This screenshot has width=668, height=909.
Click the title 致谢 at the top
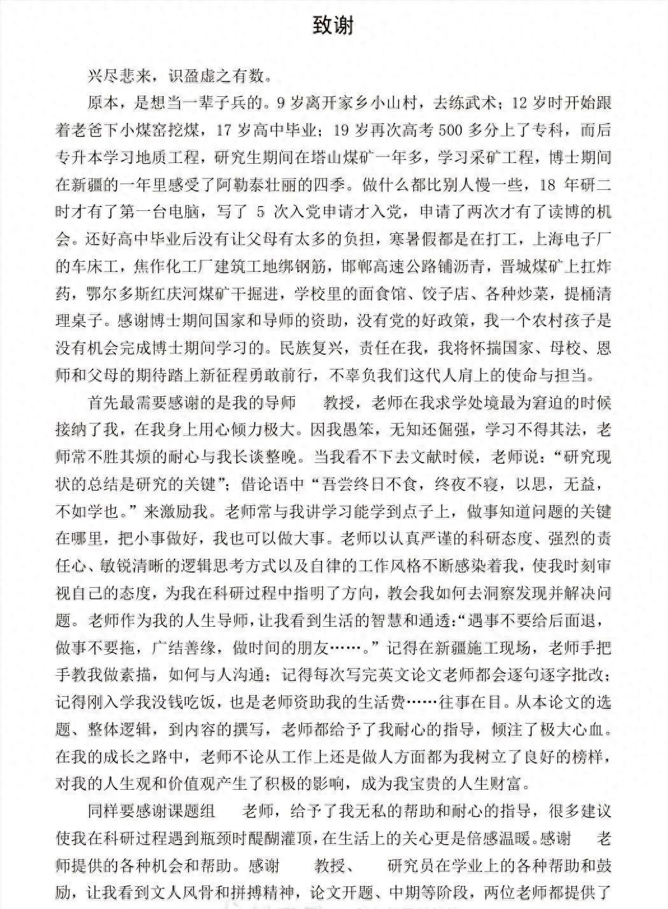333,25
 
